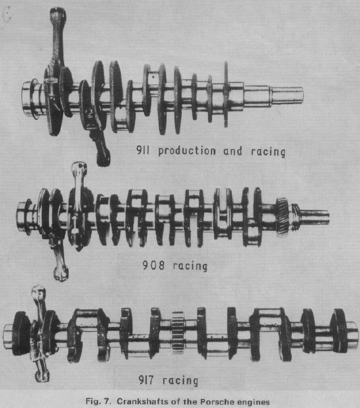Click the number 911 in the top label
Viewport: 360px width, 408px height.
(x=143, y=150)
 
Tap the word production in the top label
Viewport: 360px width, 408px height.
(x=187, y=151)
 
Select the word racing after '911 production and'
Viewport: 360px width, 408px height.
(x=268, y=152)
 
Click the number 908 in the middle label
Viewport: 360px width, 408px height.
(x=154, y=265)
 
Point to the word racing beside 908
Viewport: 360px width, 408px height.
(x=190, y=266)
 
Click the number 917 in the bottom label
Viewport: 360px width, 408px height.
(x=146, y=380)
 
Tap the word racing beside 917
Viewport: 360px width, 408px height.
(x=180, y=381)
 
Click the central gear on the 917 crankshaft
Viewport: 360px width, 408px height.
(x=178, y=331)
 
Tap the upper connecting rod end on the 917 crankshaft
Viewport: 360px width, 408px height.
(x=39, y=292)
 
